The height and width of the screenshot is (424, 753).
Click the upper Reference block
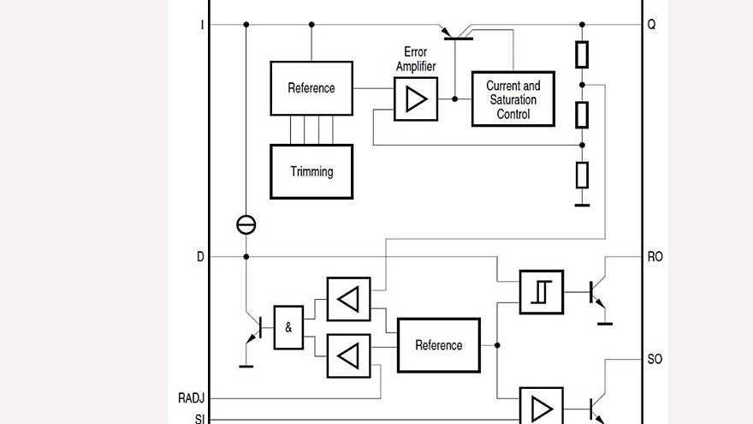pos(311,88)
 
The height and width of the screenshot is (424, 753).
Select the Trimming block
pos(311,171)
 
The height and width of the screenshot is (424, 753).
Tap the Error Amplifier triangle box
pos(416,99)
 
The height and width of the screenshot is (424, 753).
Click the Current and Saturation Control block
pos(513,99)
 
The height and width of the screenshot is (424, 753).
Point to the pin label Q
pos(652,25)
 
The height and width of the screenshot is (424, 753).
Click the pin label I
pos(202,25)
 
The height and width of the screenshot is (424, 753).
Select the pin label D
pos(201,256)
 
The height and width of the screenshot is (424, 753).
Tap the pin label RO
pos(655,256)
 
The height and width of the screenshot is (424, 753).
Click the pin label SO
pos(655,359)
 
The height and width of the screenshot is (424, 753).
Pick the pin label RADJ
pos(192,398)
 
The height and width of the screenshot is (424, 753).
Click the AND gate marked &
pos(288,327)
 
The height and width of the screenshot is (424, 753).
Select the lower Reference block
pos(438,345)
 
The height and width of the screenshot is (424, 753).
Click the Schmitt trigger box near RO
pos(542,292)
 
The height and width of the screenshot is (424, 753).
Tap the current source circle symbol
pos(246,225)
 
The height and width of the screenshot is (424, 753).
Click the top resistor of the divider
pos(582,55)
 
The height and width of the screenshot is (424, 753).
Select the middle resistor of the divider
pos(582,114)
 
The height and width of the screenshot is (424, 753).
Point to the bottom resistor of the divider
pos(582,175)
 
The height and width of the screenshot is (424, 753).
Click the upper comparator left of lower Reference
pos(348,300)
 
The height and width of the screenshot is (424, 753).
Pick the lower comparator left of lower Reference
pos(348,355)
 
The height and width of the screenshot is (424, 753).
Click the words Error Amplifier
pos(416,59)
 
